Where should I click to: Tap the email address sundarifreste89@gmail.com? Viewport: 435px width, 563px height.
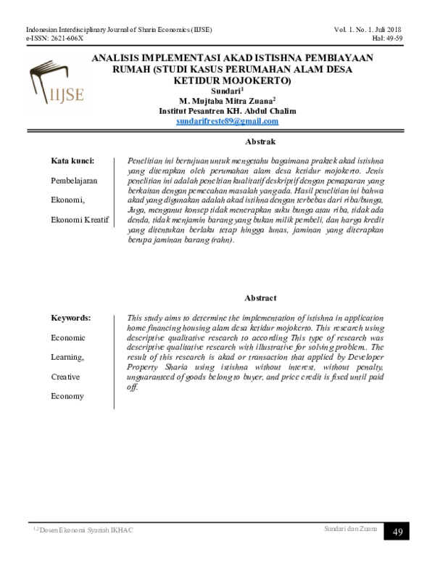tap(227, 121)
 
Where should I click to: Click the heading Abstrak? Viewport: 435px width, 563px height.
tap(261, 141)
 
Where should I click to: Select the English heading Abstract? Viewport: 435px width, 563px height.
tap(261, 298)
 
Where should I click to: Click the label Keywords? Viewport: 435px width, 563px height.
tap(70, 318)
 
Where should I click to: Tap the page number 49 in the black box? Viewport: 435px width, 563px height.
tap(398, 532)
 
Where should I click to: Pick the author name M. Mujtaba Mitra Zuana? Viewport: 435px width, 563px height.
tap(226, 102)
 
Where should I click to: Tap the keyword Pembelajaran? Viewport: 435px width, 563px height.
tap(74, 180)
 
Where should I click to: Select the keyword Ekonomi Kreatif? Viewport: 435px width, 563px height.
tap(79, 219)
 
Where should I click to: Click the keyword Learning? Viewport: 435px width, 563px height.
tap(67, 357)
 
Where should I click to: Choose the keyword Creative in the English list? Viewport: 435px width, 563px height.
tap(65, 377)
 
